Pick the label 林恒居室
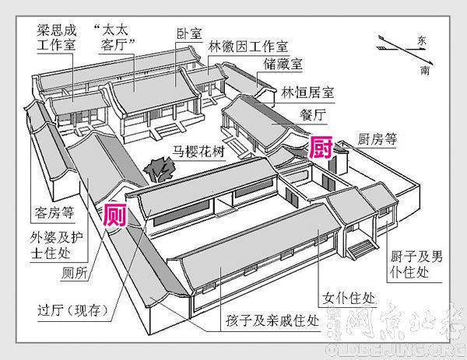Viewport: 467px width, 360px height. coord(307,92)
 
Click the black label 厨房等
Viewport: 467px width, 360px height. coord(377,142)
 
